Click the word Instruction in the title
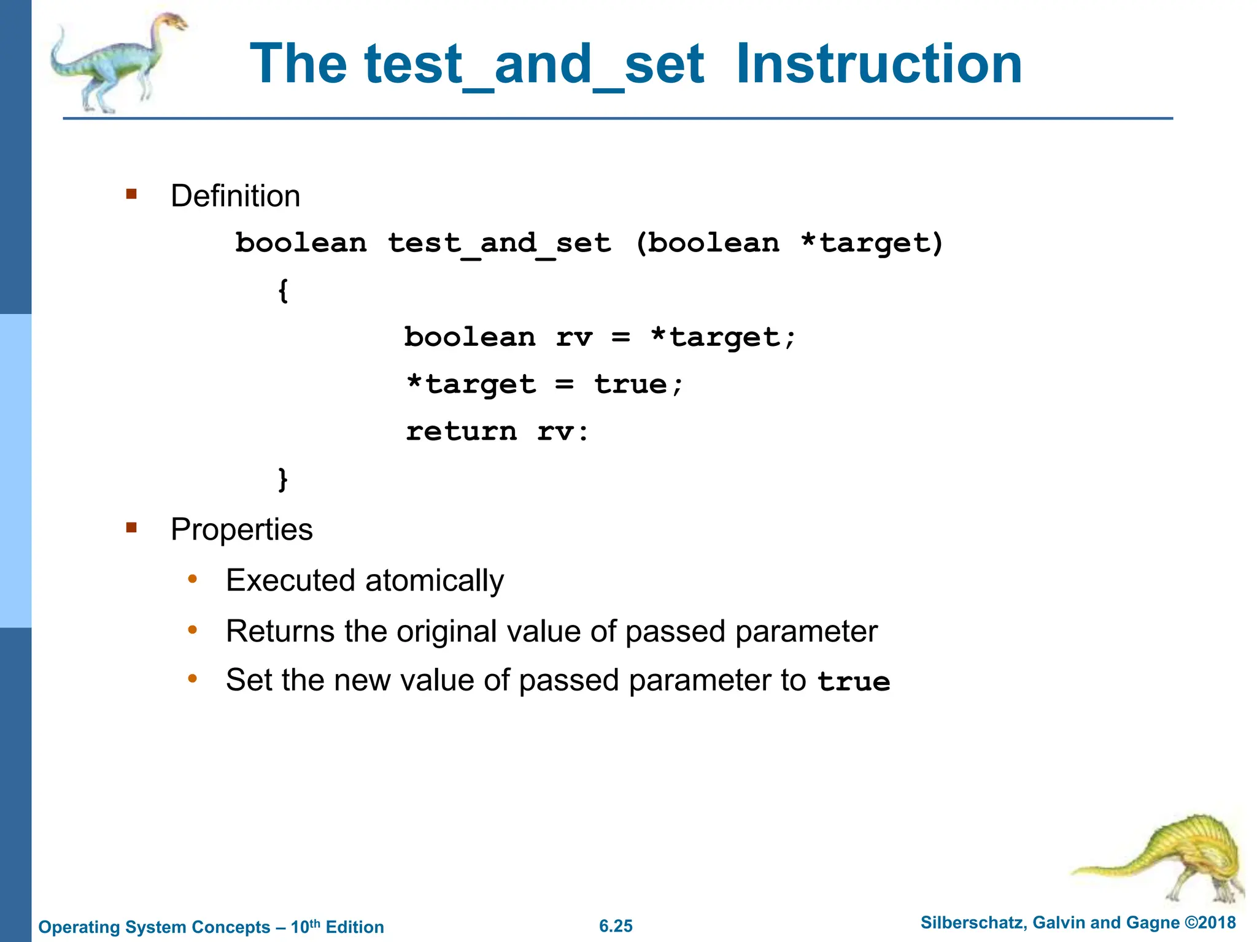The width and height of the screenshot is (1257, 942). [x=879, y=64]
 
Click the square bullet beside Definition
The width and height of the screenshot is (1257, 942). [x=131, y=194]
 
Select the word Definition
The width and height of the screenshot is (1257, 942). [x=235, y=196]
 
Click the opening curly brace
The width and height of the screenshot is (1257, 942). [x=283, y=291]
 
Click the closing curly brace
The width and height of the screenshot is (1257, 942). [x=283, y=479]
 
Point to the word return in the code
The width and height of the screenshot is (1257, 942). [x=462, y=432]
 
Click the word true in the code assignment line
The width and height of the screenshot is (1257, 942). [x=630, y=385]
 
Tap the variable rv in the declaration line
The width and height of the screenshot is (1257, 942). [x=574, y=337]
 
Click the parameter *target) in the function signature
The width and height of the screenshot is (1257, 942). [x=872, y=243]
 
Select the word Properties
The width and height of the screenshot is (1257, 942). [x=241, y=529]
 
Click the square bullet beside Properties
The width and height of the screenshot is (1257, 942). [x=131, y=527]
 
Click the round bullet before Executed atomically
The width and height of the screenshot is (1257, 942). [x=193, y=579]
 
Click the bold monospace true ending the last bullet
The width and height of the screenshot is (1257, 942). [x=854, y=682]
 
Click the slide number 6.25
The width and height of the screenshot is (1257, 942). [x=616, y=926]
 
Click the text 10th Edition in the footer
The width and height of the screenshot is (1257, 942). [x=337, y=927]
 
